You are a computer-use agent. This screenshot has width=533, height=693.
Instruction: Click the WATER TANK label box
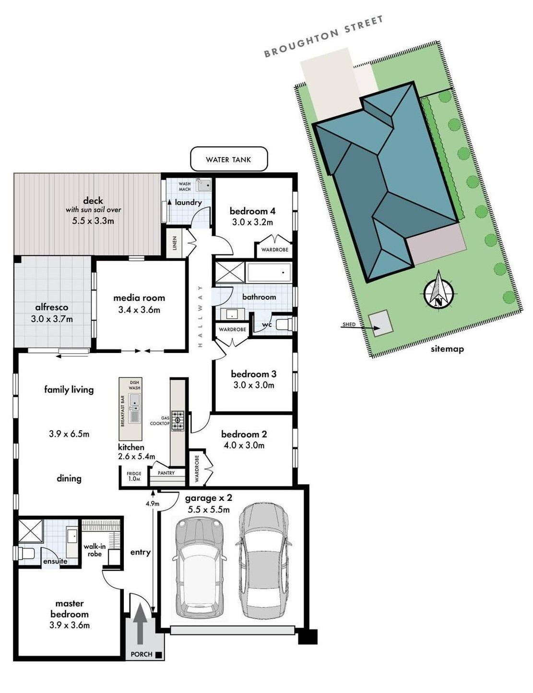229,159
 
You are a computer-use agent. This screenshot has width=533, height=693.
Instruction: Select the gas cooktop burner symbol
178,421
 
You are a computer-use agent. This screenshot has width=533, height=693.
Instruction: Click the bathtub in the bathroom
269,272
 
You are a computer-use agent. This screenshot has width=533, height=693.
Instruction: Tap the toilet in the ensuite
25,553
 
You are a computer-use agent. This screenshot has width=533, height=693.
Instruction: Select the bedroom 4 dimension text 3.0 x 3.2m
252,222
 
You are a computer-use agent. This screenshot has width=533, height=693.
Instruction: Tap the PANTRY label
166,473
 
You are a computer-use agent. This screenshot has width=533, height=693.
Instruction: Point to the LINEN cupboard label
175,243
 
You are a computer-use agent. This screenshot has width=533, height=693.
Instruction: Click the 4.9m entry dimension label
153,504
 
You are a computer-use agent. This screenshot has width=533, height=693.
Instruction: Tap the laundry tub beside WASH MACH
203,184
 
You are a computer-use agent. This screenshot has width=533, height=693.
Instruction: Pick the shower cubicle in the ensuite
30,531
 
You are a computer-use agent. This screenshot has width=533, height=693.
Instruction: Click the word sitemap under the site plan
447,349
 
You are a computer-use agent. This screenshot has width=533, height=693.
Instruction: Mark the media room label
139,298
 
